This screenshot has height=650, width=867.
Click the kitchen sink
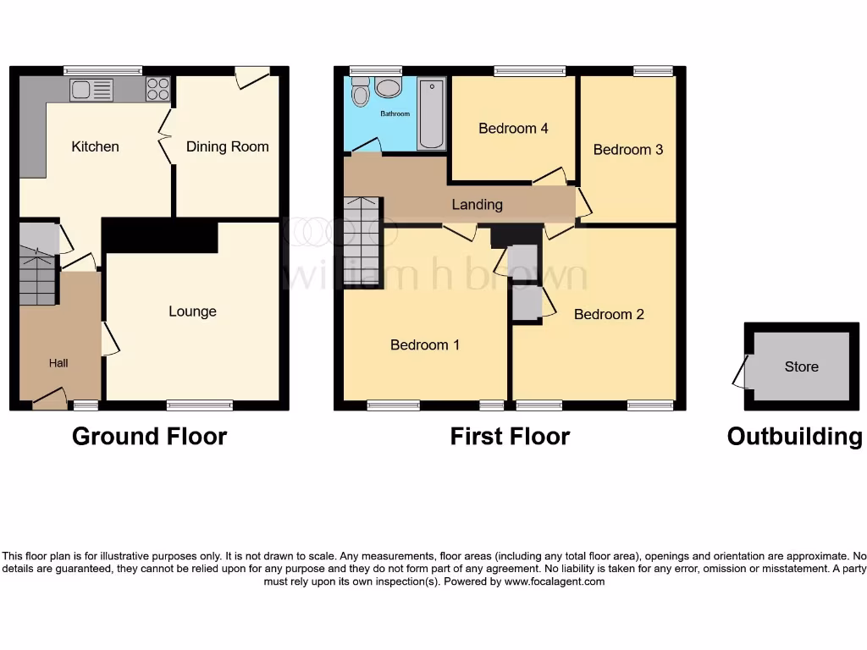coord(91,89)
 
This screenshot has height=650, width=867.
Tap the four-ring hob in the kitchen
coord(157,89)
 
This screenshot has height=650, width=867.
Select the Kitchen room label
coord(95,146)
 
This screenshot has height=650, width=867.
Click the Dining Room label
coord(227,146)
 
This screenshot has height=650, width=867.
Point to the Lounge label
coord(192,311)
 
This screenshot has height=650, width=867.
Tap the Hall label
coord(58,363)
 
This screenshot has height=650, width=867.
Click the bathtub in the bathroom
coord(432,113)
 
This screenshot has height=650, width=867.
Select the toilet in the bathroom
coord(361,92)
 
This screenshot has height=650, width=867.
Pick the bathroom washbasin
coord(389,88)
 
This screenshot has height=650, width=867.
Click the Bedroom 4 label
coord(513,129)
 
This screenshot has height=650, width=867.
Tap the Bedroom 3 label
coord(627,150)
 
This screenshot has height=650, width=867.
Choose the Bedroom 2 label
coord(609,314)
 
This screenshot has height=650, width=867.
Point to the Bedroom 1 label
coord(425,344)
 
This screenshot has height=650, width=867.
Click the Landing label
coord(477,205)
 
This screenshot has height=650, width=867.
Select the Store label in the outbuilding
coord(801,366)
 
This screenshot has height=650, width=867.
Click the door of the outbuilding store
coord(742,372)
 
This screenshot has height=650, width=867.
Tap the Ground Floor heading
coord(149,436)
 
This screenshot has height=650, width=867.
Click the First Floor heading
coord(510,436)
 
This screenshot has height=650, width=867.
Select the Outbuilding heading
coord(794,436)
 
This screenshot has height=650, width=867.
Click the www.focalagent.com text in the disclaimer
coord(555,581)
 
